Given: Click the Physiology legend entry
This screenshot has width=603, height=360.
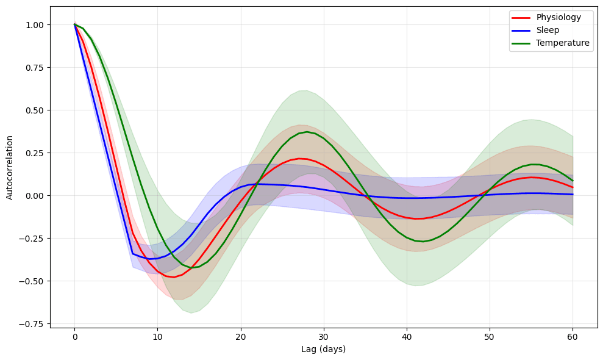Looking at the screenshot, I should (x=558, y=17).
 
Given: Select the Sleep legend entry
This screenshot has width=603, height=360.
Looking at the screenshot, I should (x=548, y=30).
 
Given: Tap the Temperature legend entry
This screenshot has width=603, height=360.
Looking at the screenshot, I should (x=563, y=43).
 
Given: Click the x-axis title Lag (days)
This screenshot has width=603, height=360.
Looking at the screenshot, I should (x=323, y=349).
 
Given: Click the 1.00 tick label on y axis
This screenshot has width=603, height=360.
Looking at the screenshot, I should (x=35, y=25).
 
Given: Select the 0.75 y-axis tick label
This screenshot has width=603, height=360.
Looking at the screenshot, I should (x=35, y=68).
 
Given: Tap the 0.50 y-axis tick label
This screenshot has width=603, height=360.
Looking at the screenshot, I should (x=35, y=110).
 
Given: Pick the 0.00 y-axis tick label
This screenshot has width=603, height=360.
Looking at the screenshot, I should (x=35, y=196).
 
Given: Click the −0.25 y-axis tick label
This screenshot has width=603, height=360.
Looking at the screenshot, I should (x=33, y=239).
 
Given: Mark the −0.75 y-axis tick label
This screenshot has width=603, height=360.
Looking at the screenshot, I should (x=33, y=324).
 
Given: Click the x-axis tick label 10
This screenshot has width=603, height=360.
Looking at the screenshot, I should (x=157, y=337).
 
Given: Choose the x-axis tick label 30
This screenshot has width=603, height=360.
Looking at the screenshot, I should (x=323, y=337).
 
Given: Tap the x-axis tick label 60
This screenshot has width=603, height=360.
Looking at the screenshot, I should (x=573, y=337).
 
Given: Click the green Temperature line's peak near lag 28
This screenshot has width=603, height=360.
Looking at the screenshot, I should (x=307, y=132).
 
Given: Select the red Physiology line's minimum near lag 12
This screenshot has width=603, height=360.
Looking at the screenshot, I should (x=174, y=277).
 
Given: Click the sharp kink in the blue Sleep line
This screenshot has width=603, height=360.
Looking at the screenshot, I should (x=132, y=253).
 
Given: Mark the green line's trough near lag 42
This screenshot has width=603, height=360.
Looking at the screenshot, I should (x=423, y=242).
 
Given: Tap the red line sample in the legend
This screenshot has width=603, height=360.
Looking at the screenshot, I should (x=522, y=17).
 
